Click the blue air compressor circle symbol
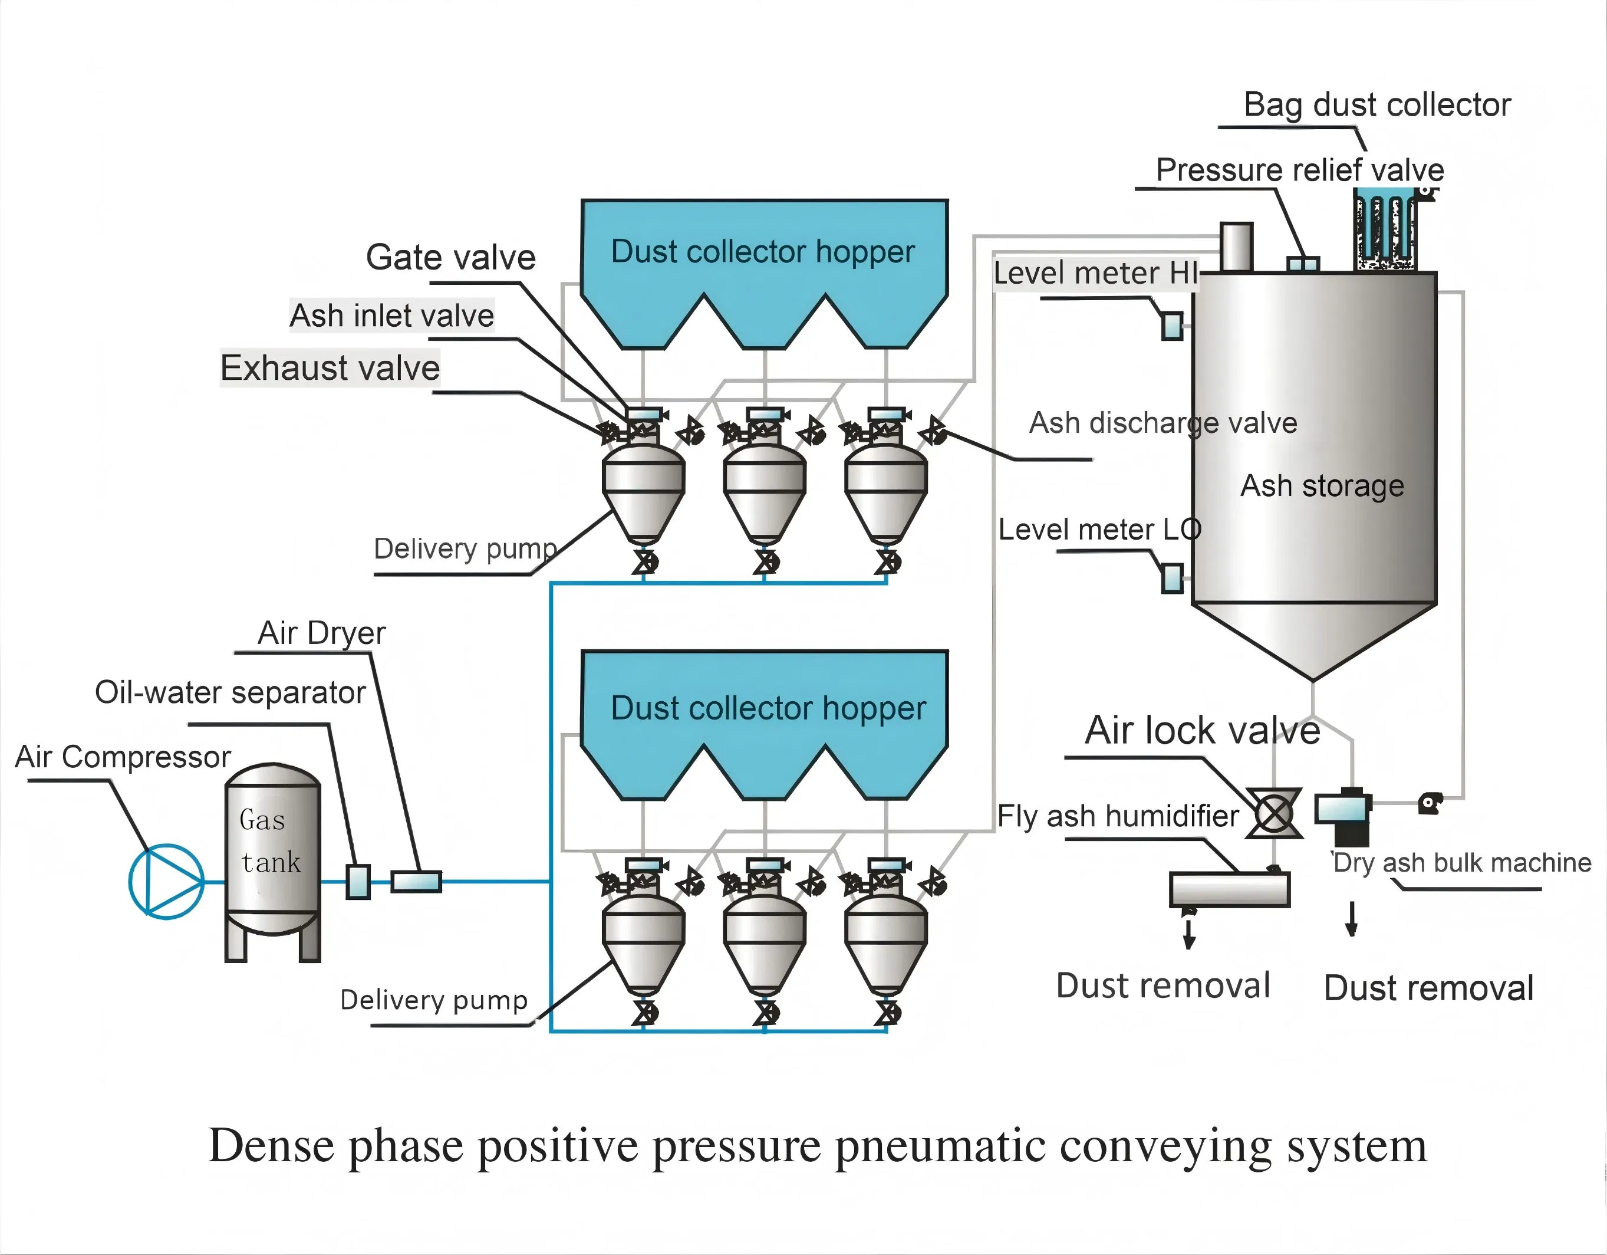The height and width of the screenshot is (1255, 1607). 166,881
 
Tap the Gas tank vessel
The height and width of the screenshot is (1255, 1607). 272,854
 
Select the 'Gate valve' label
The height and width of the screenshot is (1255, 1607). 450,258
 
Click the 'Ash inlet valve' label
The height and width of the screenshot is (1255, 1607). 391,316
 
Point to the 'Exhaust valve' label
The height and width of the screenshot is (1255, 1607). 330,368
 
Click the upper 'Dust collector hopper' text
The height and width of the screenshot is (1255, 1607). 763,252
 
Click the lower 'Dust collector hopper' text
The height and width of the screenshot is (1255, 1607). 768,708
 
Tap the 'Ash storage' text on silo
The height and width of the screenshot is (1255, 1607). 1322,486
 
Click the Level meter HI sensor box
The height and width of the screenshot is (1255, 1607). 1172,326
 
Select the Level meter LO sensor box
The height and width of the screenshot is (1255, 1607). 1172,578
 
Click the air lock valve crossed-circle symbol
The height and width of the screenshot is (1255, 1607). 1274,813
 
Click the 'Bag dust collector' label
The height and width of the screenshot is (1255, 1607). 1377,105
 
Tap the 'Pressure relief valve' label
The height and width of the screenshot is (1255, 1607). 1299,170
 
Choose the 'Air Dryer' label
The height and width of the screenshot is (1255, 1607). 321,633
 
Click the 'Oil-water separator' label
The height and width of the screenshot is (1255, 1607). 230,692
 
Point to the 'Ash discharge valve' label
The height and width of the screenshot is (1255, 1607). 1163,423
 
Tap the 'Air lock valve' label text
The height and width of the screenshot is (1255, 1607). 1203,730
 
